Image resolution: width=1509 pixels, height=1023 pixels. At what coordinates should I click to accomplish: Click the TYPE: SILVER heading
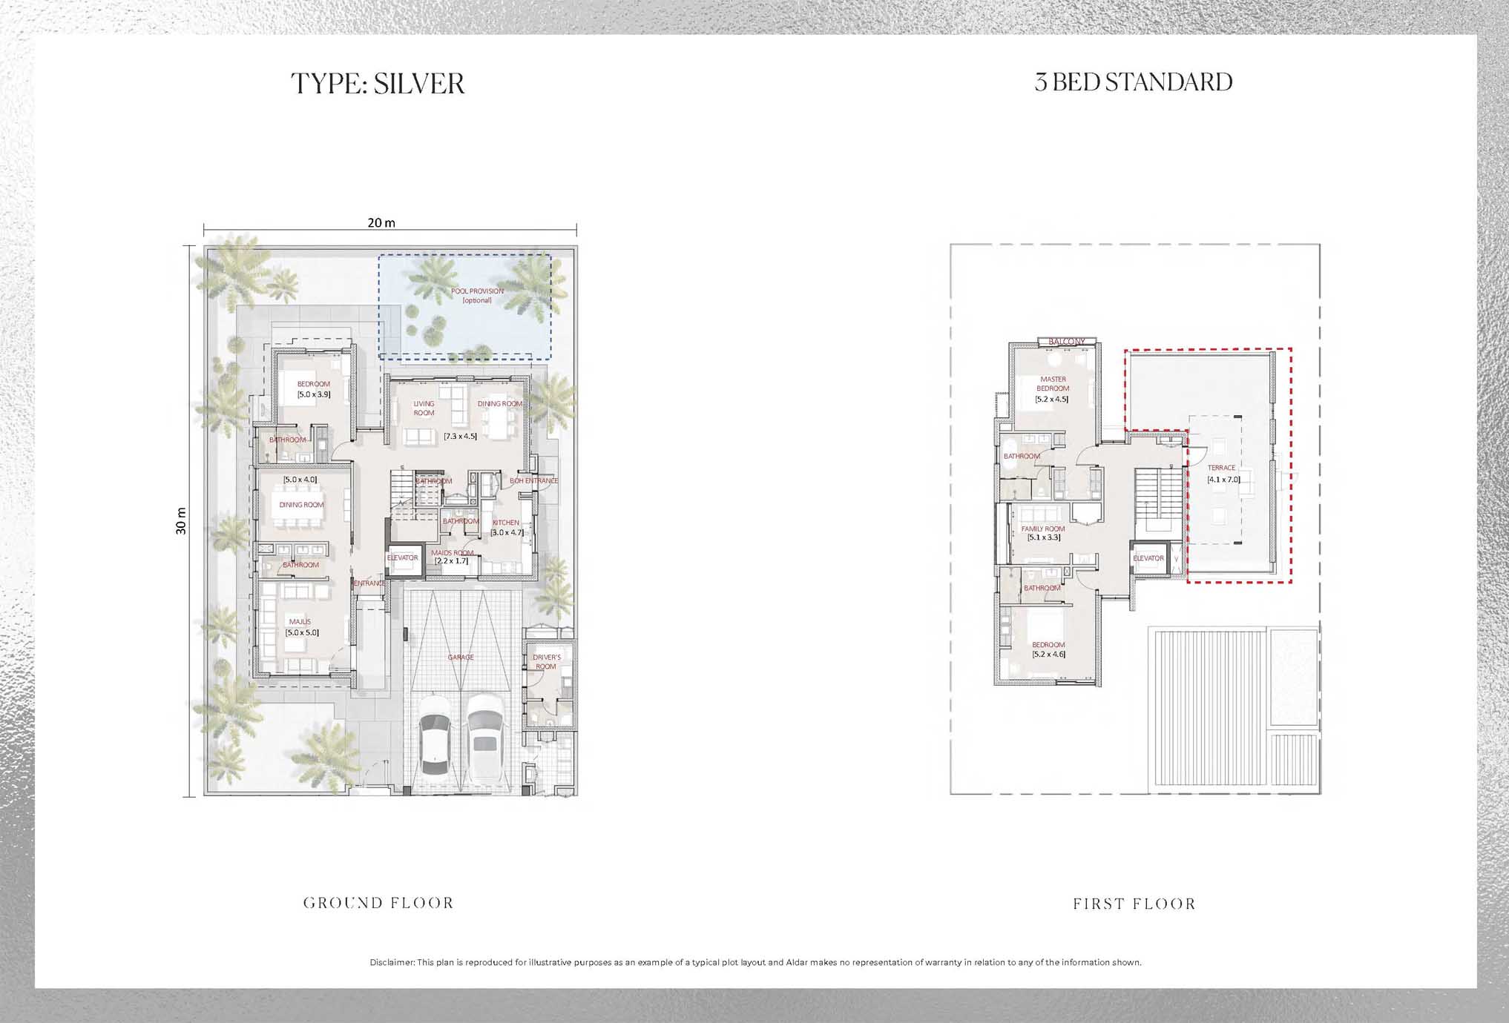point(378,83)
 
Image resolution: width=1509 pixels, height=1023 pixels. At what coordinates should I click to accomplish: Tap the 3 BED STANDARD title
point(1133,82)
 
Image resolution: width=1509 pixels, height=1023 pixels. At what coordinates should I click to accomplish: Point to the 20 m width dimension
point(381,223)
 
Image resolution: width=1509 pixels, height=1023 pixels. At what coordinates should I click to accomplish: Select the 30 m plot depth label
point(182,521)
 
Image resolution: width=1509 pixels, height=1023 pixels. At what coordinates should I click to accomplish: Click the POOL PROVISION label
point(477,291)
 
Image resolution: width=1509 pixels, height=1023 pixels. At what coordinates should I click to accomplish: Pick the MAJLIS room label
point(300,622)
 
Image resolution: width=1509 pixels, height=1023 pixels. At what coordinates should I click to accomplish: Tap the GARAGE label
point(460,658)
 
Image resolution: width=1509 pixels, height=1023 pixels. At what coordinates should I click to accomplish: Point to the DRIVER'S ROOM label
point(547,662)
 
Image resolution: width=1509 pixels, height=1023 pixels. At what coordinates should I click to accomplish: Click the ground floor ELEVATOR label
point(402,558)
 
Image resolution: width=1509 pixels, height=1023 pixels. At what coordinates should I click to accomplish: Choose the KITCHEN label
point(506,523)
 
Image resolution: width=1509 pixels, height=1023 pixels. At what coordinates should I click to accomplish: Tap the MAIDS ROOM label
point(452,553)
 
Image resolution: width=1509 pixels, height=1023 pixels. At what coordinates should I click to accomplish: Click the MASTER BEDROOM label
point(1053,384)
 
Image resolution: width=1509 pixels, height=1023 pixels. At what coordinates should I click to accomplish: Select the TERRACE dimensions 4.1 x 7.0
point(1223,480)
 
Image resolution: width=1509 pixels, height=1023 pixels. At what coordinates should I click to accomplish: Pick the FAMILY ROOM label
point(1043,529)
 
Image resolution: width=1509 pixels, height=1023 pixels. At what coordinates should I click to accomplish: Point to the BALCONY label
point(1067,342)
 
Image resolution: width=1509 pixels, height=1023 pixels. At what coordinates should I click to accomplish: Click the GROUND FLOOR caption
point(378,903)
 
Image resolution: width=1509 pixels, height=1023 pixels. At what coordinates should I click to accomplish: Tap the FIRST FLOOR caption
point(1134,904)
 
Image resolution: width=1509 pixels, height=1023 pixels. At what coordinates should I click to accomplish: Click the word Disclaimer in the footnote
point(392,962)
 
